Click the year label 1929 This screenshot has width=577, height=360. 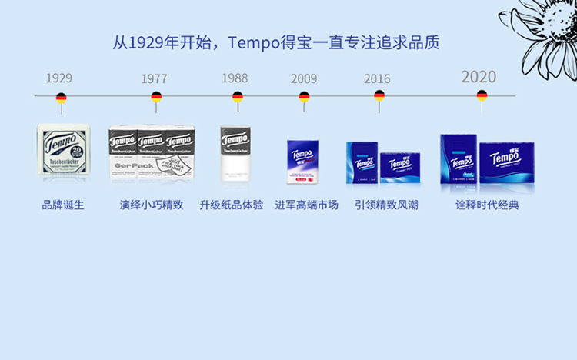[59, 78]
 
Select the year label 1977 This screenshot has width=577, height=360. [154, 78]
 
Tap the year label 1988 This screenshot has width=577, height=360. [235, 78]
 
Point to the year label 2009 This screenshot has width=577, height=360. [304, 78]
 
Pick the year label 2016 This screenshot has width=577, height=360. [377, 78]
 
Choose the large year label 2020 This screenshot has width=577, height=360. [479, 76]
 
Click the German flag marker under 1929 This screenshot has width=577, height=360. [61, 98]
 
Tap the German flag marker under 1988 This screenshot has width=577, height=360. [237, 97]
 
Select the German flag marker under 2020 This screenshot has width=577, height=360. [482, 95]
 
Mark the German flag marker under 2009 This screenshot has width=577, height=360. [304, 97]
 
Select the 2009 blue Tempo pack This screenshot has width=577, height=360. [302, 161]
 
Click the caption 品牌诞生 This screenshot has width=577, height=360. [63, 205]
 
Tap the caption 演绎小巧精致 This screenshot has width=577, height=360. [152, 205]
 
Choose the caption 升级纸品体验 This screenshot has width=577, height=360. [232, 205]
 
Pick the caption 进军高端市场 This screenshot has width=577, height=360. [306, 205]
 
